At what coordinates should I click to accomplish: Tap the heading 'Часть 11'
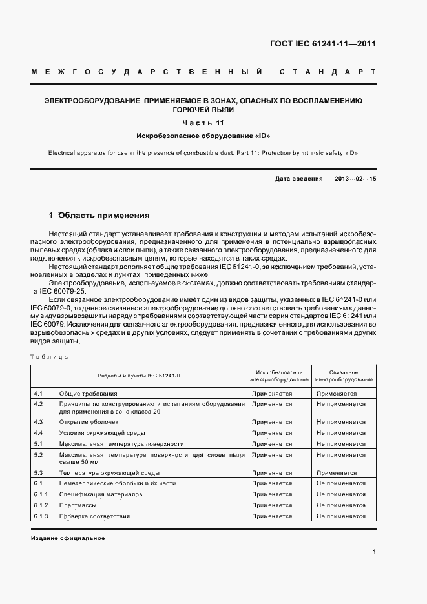pos(203,123)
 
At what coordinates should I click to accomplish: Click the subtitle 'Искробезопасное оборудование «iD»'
pos(203,136)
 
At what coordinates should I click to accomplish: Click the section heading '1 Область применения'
pos(99,215)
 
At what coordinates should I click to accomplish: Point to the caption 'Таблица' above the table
pos(49,356)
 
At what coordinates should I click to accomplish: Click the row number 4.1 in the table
pos(38,393)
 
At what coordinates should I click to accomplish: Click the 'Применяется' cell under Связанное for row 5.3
pos(337,473)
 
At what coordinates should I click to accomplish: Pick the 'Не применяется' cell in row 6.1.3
pos(341,516)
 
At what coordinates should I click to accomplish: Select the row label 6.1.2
pos(41,505)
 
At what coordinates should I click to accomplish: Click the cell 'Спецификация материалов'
pos(100,494)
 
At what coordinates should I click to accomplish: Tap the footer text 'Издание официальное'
pos(67,538)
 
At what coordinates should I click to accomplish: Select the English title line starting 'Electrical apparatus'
pos(203,153)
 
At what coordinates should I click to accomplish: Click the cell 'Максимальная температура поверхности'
pos(121,444)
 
